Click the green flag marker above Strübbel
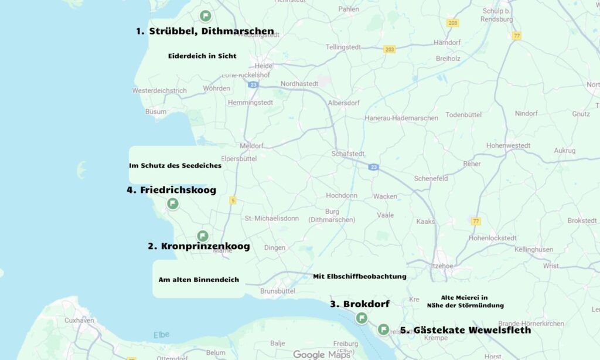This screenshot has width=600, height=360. click(205, 16)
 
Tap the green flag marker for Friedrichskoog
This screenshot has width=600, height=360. click(173, 203)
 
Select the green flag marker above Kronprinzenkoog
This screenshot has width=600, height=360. click(203, 236)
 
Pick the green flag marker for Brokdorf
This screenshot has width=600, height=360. click(362, 318)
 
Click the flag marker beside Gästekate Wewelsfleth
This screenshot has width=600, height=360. click(383, 330)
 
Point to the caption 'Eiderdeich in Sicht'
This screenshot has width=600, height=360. click(202, 56)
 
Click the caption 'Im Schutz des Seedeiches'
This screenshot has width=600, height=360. click(175, 166)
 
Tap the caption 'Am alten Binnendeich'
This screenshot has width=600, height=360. click(199, 280)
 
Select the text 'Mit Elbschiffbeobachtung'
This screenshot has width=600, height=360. click(359, 276)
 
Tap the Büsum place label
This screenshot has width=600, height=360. click(156, 111)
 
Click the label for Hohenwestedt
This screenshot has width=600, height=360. click(508, 145)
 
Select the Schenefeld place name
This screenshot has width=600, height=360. click(431, 178)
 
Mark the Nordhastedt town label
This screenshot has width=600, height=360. click(299, 84)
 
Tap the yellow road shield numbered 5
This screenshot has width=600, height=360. click(233, 201)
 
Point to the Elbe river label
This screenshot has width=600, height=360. click(161, 335)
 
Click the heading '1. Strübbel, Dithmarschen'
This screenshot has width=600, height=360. click(204, 31)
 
